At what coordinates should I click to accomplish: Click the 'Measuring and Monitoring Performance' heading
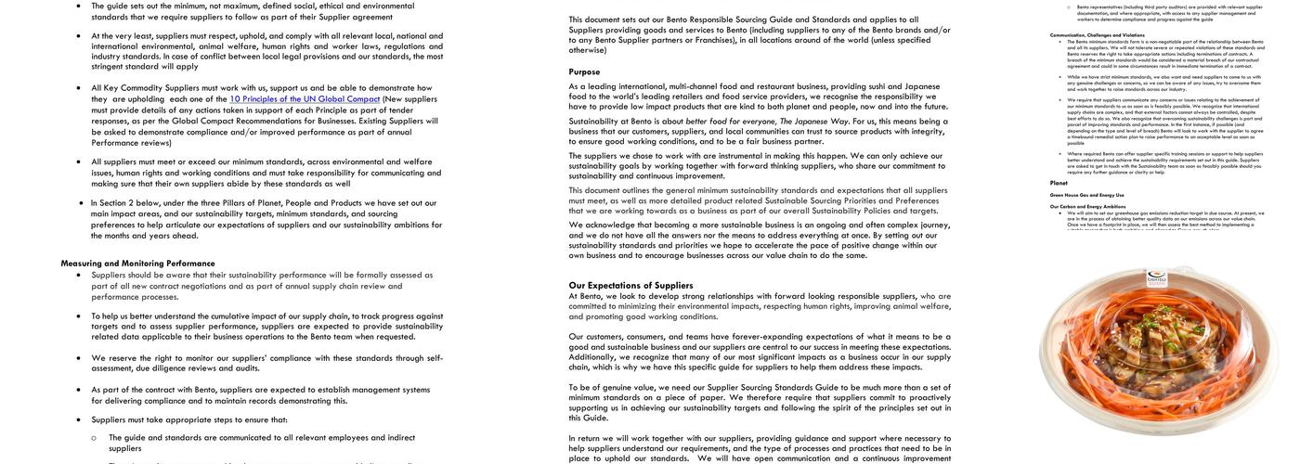(x=137, y=264)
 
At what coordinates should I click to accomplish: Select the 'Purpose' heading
(x=584, y=71)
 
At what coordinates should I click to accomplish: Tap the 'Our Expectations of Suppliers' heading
(x=630, y=286)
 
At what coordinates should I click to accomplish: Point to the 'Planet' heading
(x=1059, y=183)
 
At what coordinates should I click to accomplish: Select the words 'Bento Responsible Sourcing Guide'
(x=726, y=19)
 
